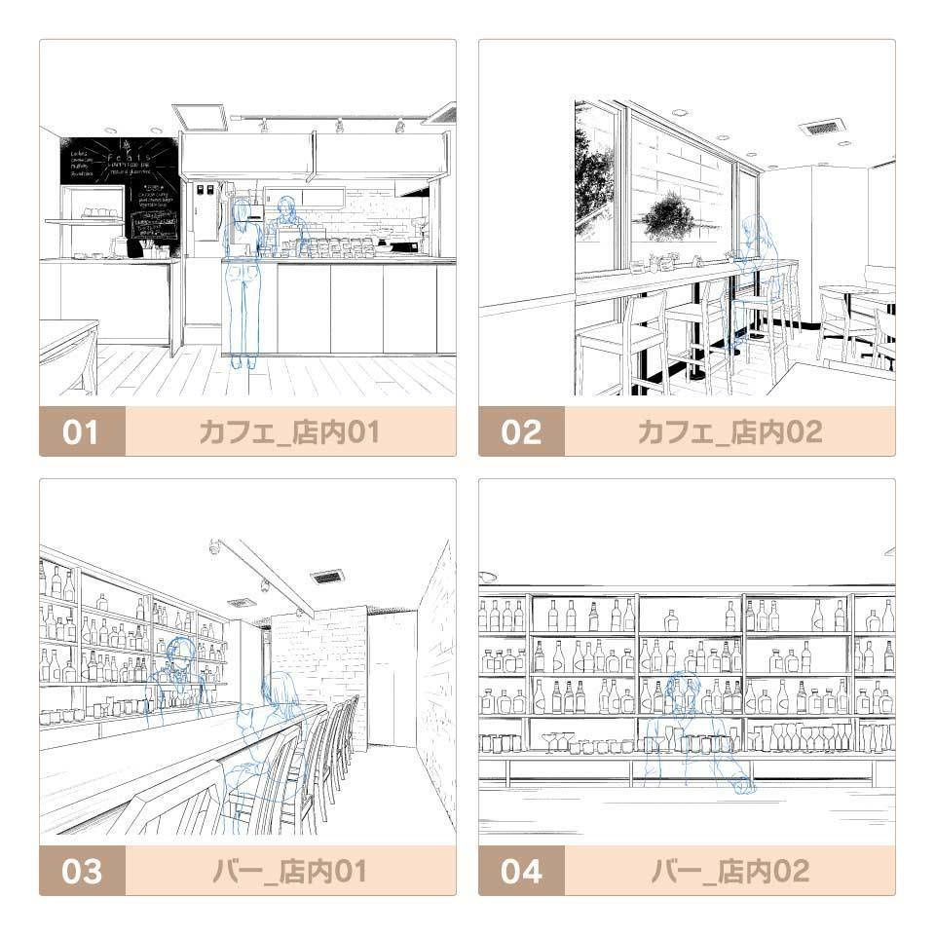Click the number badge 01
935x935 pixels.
point(82,431)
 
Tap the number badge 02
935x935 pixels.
point(521,431)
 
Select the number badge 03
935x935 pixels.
point(82,871)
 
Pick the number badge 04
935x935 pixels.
point(521,871)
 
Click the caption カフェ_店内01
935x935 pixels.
point(289,431)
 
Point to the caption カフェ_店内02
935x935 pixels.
point(729,431)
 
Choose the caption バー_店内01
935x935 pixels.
point(289,871)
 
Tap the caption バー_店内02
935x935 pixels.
point(729,871)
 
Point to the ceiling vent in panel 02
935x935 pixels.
point(822,127)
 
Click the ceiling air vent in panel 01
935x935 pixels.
point(200,117)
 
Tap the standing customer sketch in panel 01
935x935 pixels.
point(241,282)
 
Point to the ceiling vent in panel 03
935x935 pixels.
point(327,577)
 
